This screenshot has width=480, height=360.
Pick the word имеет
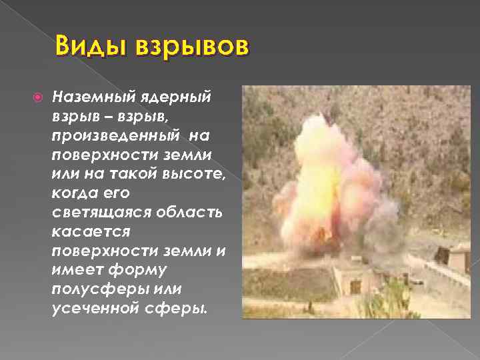[x=71, y=271]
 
